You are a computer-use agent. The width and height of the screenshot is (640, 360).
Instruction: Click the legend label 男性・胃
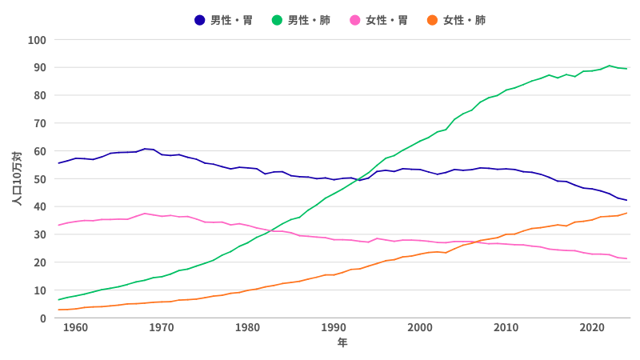click(x=232, y=20)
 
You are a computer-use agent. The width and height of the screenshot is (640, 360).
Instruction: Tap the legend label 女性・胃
click(x=387, y=20)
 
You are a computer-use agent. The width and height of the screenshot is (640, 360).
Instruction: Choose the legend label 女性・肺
click(x=464, y=20)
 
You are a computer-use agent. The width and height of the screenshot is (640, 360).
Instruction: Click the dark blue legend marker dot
click(x=200, y=20)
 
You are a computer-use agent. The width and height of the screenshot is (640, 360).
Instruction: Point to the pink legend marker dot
click(x=355, y=20)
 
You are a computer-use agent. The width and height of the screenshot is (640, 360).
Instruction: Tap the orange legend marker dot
click(x=432, y=20)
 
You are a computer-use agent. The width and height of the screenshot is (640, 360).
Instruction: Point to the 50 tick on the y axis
click(x=39, y=179)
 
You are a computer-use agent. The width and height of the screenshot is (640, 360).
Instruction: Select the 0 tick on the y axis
click(x=42, y=318)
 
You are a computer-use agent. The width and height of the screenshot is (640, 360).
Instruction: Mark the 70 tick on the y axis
click(x=39, y=123)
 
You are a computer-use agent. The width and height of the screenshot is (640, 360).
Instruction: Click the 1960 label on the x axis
click(x=75, y=328)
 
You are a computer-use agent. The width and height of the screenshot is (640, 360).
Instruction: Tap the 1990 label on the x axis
click(x=334, y=328)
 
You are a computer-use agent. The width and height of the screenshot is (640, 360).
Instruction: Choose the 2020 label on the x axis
click(x=592, y=328)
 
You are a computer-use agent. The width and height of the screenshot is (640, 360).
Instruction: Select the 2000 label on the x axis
click(x=420, y=328)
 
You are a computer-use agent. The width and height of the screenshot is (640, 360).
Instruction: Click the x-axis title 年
click(x=342, y=343)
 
